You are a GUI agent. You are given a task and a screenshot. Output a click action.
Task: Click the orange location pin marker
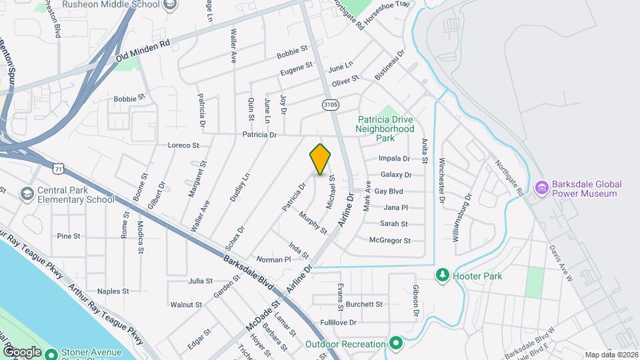tap(321, 159)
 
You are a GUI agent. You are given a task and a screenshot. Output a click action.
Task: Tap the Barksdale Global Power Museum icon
tap(541, 189)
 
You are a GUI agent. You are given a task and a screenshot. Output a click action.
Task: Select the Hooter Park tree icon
tap(441, 275)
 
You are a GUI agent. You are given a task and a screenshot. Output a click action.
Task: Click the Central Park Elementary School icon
tap(27, 194)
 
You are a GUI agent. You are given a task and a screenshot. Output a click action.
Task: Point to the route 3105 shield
tap(330, 105)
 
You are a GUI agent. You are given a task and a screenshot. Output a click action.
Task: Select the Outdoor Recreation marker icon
tap(396, 344)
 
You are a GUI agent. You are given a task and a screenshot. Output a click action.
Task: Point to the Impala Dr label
tap(394, 159)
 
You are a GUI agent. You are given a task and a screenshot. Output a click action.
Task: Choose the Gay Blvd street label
tap(389, 191)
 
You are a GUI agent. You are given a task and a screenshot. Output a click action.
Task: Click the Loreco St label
tap(183, 145)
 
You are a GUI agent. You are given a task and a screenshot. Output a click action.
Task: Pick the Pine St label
tap(68, 236)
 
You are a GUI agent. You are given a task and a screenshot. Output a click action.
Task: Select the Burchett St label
tap(364, 304)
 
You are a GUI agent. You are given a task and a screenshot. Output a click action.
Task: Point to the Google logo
tap(22, 351)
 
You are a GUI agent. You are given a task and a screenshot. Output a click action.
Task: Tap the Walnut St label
tap(186, 305)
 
